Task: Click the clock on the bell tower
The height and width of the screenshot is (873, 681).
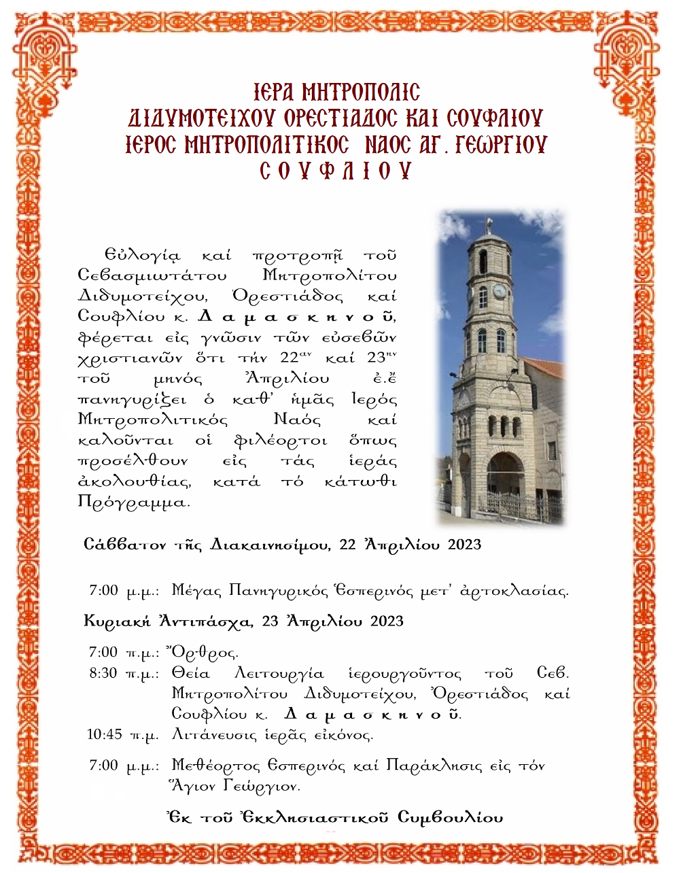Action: [x=500, y=292]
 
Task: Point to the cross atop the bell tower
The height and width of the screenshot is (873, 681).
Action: [x=489, y=223]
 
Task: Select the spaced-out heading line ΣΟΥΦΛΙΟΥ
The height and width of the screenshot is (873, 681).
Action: [x=336, y=170]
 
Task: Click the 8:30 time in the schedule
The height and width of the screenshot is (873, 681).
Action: [x=103, y=673]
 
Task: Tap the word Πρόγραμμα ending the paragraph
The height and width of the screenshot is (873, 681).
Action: [x=134, y=502]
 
